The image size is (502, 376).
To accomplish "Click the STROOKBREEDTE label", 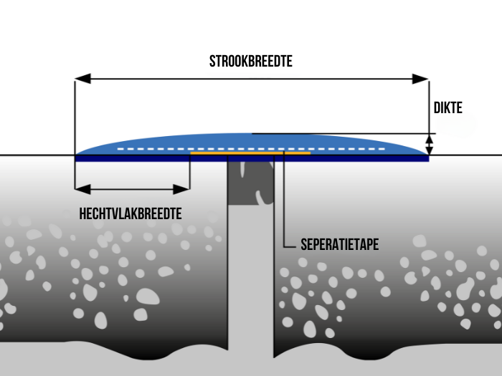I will coord(251,62).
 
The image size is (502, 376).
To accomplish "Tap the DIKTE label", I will coord(448,108).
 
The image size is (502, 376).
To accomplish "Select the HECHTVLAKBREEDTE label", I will coord(130,213).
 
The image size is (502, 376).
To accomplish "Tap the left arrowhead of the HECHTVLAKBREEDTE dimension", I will coord(81,190).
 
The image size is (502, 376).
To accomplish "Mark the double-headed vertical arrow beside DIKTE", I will coord(430,144).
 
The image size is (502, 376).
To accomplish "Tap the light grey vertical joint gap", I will coord(251,286).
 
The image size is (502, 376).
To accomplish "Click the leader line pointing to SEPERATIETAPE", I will coord(285,208).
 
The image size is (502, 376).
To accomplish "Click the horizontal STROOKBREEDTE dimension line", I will coord(251,79).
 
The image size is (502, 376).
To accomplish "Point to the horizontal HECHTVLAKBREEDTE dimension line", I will coord(132,190).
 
